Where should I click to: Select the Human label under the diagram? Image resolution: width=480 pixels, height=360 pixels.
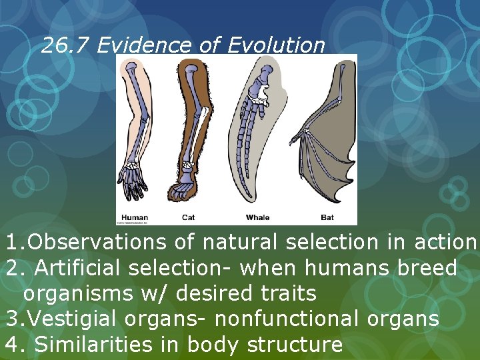click(135, 217)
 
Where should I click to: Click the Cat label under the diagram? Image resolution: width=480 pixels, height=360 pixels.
click(189, 217)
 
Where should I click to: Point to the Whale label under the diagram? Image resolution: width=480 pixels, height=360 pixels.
click(258, 217)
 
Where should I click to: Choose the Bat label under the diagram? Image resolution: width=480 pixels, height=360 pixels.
click(327, 217)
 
